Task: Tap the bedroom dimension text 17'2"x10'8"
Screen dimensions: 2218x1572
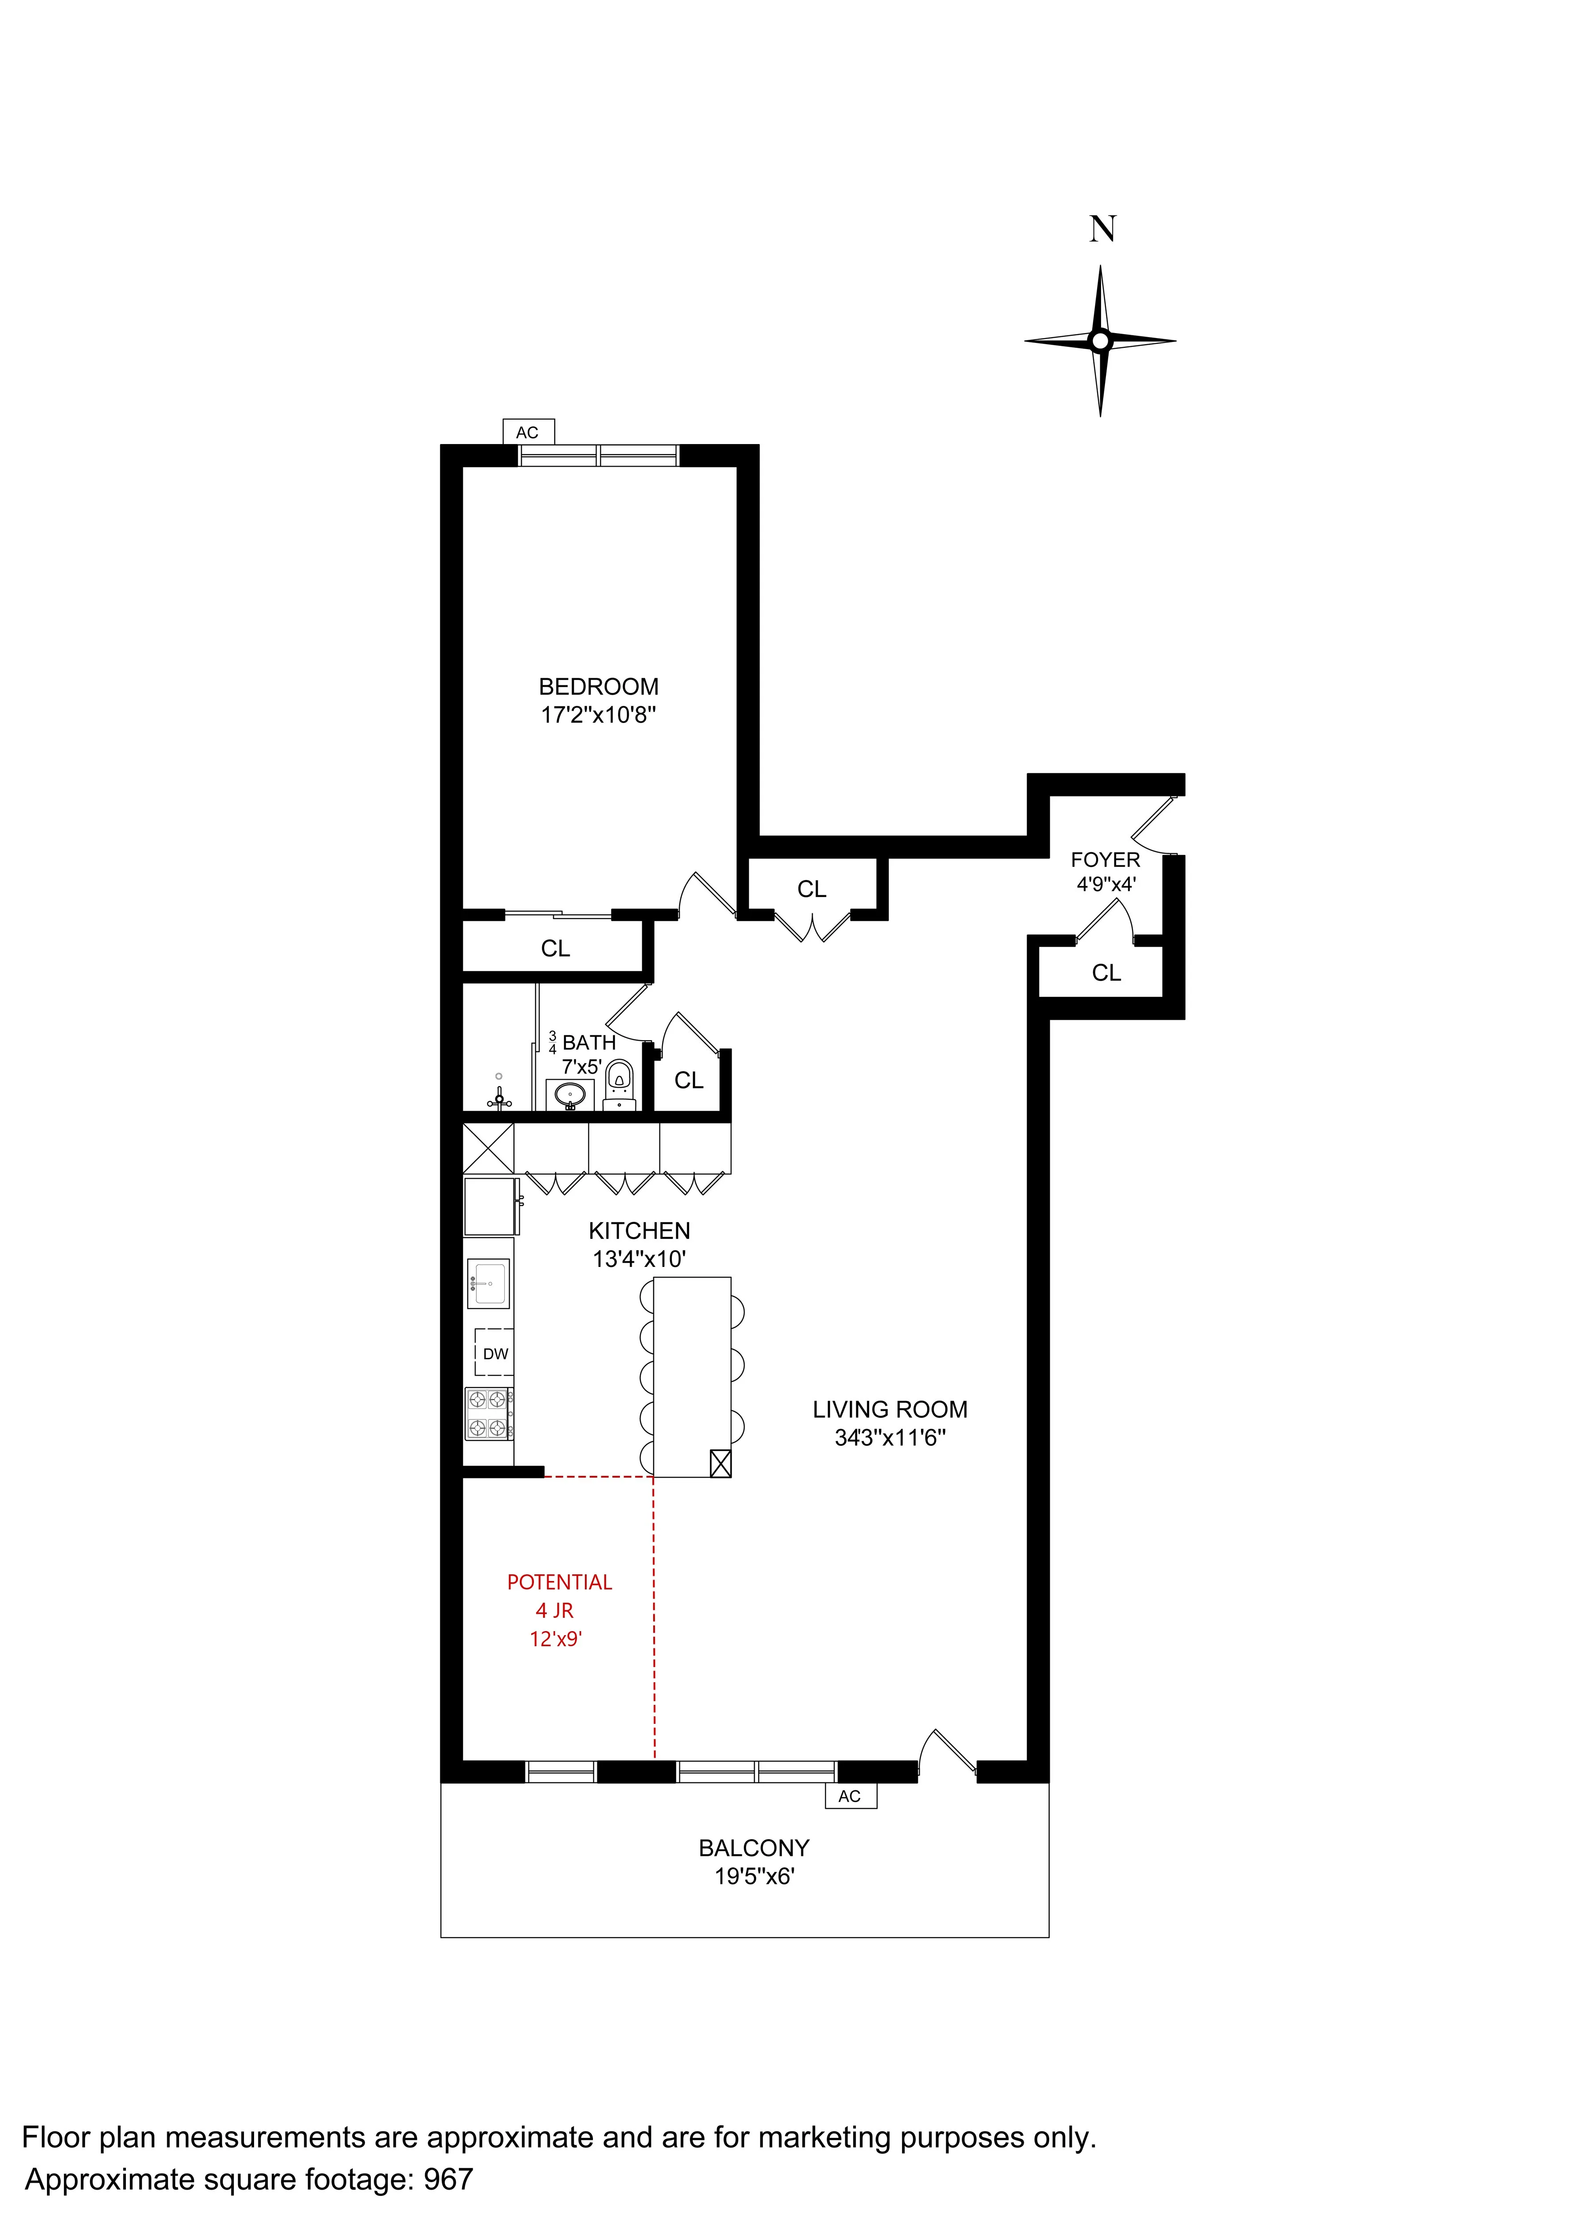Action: point(598,716)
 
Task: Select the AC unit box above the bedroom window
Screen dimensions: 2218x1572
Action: point(528,432)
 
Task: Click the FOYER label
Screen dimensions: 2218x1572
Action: point(1105,860)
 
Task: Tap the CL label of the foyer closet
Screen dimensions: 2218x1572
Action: point(1106,973)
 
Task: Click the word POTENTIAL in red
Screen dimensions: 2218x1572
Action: point(560,1583)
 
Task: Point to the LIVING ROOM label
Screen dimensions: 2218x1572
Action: point(890,1410)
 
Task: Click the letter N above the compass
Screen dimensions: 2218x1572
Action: point(1102,229)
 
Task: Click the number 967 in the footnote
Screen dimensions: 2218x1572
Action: point(448,2179)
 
